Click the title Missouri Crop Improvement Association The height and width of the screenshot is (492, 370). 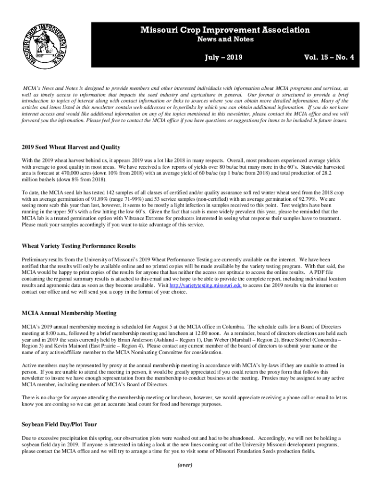tap(225, 30)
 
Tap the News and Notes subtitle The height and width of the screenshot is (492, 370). tap(225, 39)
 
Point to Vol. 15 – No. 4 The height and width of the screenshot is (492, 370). tap(329, 58)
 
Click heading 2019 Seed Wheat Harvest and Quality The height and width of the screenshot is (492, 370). tap(71, 147)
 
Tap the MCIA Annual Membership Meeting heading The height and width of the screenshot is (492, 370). tap(69, 313)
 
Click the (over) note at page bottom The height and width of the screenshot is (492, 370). tap(185, 465)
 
